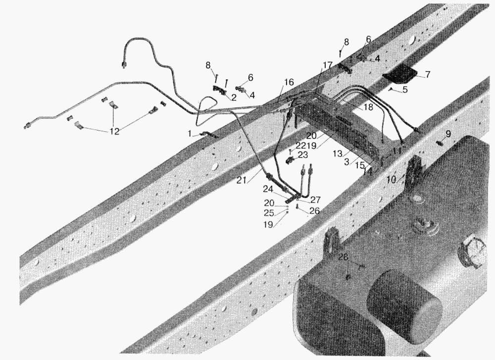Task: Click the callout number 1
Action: [189, 133]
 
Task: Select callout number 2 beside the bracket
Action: [233, 98]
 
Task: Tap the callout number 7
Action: [428, 74]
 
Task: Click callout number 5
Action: [405, 90]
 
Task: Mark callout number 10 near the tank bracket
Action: [392, 179]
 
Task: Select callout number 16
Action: [289, 82]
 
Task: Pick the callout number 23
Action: [302, 154]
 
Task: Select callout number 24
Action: [268, 189]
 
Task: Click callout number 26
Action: [314, 210]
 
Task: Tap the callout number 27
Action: [315, 200]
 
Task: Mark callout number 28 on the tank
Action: [344, 257]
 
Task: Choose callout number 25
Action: [268, 213]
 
